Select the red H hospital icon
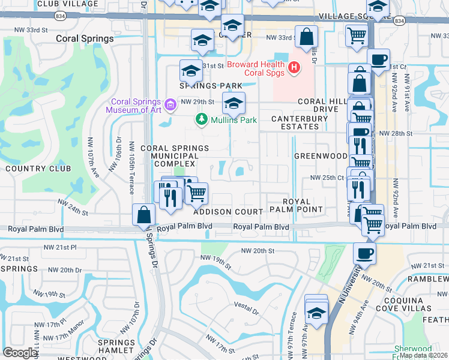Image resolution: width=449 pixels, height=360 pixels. click(x=294, y=68)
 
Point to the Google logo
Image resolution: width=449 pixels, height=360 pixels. click(x=20, y=353)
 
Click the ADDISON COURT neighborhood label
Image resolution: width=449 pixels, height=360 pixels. click(x=228, y=212)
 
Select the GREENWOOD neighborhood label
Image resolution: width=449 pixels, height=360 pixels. click(x=321, y=156)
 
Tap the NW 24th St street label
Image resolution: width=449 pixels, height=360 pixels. click(x=73, y=207)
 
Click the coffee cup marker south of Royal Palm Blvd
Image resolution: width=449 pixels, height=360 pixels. click(x=364, y=253)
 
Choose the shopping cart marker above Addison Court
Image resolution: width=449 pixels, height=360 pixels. click(x=196, y=193)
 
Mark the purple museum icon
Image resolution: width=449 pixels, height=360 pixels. click(x=170, y=106)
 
